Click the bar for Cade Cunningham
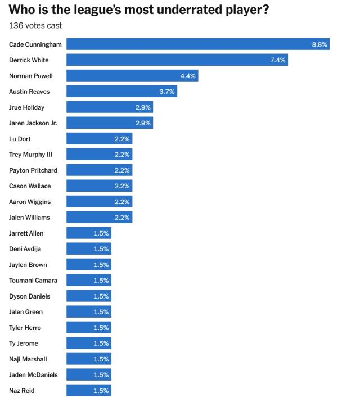(x=197, y=44)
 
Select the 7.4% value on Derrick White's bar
(x=278, y=60)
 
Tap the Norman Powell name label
(x=31, y=76)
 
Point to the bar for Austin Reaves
(x=121, y=92)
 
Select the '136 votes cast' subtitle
(x=35, y=26)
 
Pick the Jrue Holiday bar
(x=109, y=107)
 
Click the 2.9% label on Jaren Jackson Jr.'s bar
(x=143, y=123)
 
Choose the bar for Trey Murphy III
(x=99, y=155)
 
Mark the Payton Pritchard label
(x=33, y=170)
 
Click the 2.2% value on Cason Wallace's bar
(x=122, y=186)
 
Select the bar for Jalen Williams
(x=99, y=218)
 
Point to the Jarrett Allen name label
(x=26, y=233)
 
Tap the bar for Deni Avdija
(x=88, y=249)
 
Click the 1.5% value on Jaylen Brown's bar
(x=101, y=265)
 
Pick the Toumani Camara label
(x=33, y=281)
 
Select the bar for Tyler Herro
(x=88, y=328)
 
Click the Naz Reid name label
(x=22, y=391)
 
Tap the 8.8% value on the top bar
(x=319, y=44)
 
